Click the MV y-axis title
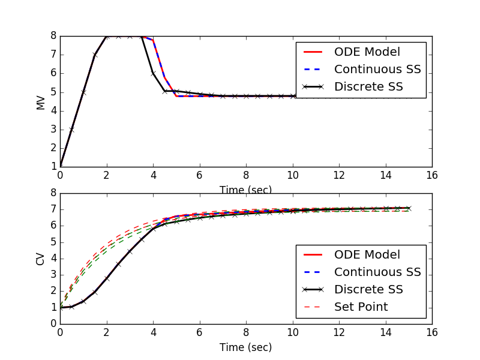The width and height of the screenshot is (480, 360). [41, 101]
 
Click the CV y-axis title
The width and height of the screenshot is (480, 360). [41, 258]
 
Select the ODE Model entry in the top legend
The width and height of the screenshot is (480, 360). [367, 52]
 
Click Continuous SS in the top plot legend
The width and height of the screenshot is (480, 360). [377, 69]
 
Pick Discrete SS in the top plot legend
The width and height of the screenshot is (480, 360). [368, 86]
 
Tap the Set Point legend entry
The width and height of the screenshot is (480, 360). [361, 307]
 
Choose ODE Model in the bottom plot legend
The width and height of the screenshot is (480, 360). [367, 254]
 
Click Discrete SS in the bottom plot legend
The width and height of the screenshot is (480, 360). [368, 289]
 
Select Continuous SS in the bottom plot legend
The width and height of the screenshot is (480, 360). [377, 272]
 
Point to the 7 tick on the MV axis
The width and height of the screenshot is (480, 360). [53, 55]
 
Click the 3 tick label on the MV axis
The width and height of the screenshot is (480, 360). [53, 129]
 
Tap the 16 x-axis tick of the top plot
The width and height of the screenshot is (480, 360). [432, 175]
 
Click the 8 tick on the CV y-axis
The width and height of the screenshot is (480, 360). [53, 193]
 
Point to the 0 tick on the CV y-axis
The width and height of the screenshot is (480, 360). [53, 323]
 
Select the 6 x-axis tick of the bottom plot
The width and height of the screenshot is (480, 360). [199, 332]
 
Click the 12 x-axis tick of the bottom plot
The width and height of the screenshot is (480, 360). [339, 332]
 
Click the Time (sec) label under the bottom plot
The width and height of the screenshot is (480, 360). [245, 347]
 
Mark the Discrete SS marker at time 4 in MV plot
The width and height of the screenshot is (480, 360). [153, 73]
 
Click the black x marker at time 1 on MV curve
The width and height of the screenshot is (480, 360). [83, 92]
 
